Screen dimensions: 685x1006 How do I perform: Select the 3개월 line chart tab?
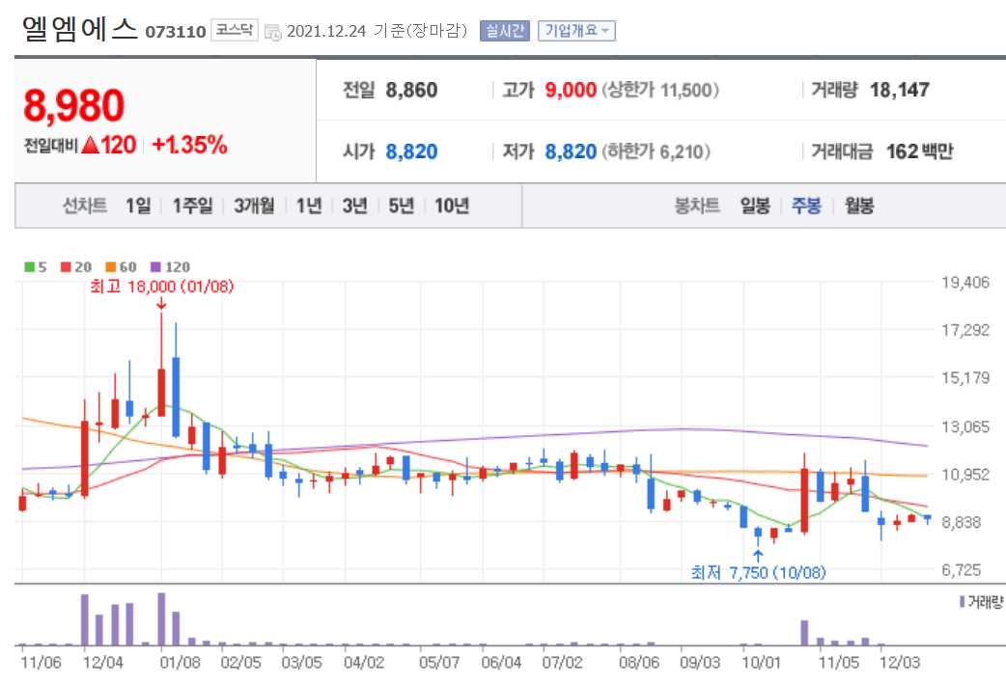(254, 205)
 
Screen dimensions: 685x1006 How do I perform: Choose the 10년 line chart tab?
(452, 205)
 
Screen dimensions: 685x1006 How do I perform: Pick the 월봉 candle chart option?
(859, 205)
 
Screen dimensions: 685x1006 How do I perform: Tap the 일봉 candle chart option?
(755, 205)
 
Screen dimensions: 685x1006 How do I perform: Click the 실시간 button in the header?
(505, 30)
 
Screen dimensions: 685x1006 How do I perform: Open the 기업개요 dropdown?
(576, 30)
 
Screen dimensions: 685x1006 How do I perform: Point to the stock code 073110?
(176, 32)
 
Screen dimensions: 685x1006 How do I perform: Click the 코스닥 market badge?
(235, 30)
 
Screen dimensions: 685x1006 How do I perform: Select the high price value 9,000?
(571, 91)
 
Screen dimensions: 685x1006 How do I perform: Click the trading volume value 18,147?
(899, 91)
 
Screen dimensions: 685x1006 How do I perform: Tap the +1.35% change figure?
(189, 146)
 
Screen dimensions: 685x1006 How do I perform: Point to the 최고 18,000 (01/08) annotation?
(161, 287)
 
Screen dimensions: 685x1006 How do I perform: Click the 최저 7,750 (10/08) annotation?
(758, 572)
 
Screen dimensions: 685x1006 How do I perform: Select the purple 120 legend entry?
(172, 267)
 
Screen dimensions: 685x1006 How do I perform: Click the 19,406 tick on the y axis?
(964, 283)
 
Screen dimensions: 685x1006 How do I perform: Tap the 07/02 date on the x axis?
(563, 663)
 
